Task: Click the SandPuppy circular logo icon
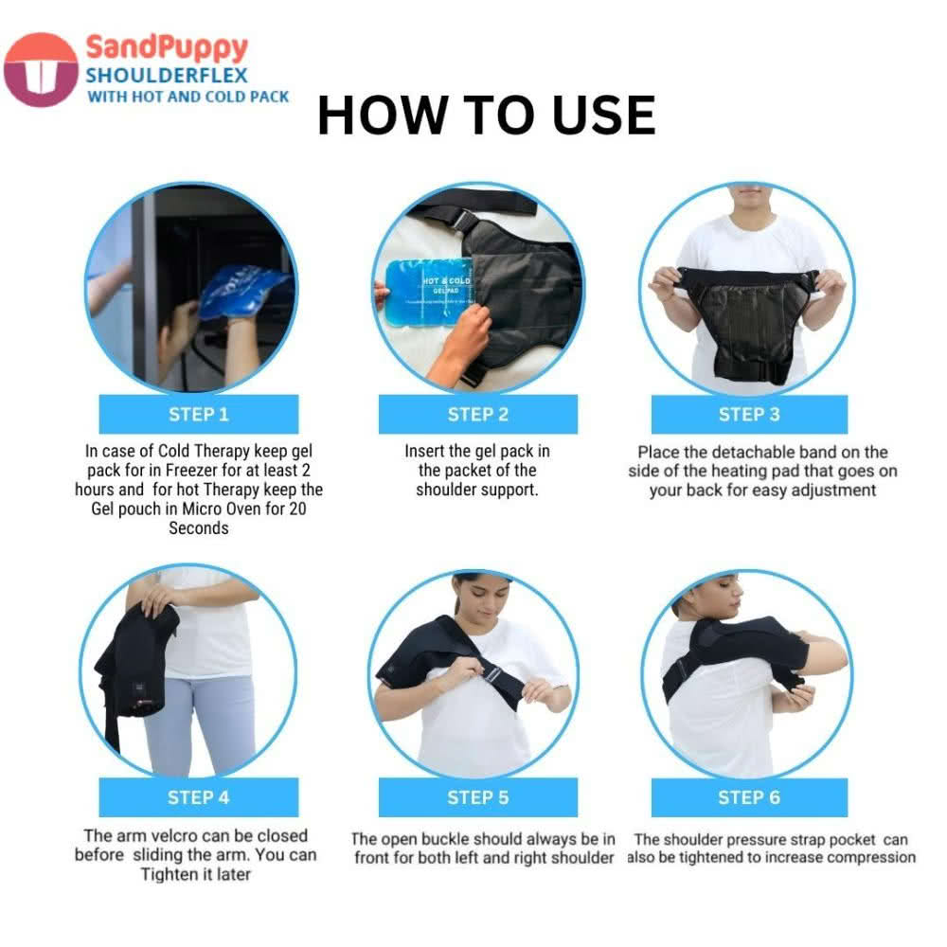[41, 69]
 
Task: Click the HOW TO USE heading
[486, 116]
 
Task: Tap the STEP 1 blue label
[199, 414]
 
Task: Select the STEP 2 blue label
[477, 414]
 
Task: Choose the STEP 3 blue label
[749, 414]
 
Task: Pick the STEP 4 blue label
[199, 796]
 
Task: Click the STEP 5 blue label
[477, 797]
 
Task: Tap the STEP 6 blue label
[749, 797]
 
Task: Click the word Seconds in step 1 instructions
[199, 527]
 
